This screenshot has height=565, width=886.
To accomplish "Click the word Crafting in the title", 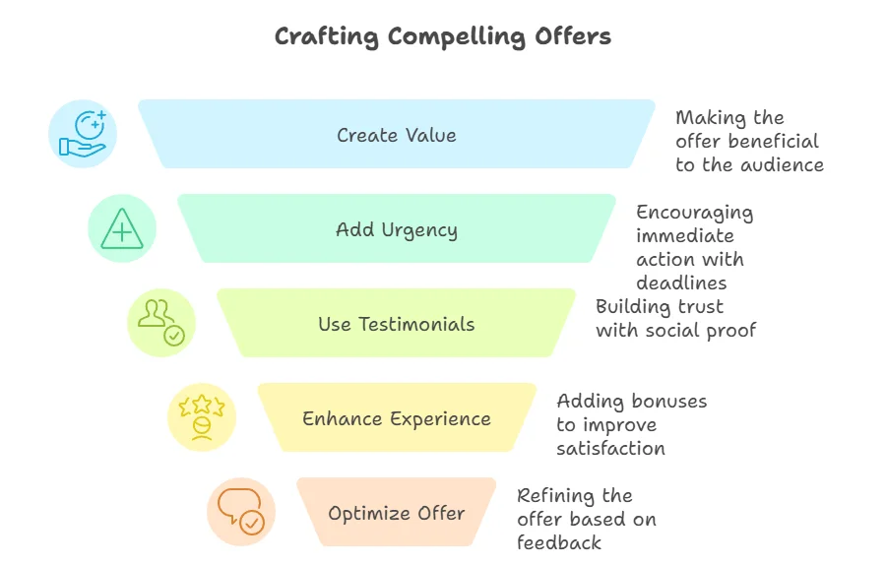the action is tap(327, 37).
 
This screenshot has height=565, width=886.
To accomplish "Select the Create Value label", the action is tap(397, 135).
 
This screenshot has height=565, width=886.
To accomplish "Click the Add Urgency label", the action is tap(397, 230).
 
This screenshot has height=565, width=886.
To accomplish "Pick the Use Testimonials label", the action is tap(397, 324).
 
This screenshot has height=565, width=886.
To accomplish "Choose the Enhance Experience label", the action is tap(397, 419).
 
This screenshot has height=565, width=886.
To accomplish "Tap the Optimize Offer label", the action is tap(397, 514).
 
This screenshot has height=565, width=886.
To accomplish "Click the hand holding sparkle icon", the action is tap(83, 134).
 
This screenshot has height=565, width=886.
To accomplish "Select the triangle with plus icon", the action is tap(122, 228).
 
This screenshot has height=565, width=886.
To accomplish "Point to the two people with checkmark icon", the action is tap(161, 323).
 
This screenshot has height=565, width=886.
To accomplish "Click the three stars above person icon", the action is tap(202, 417).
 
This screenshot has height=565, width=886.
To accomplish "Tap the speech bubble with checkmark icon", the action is tap(241, 511).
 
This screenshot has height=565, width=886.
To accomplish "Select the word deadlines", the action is tap(681, 282).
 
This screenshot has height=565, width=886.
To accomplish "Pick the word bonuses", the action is tap(669, 402).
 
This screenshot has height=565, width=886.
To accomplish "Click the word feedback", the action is tap(559, 542).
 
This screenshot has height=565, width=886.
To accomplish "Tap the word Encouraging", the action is tap(694, 213).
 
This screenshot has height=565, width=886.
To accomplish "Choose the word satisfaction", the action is tap(610, 449).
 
